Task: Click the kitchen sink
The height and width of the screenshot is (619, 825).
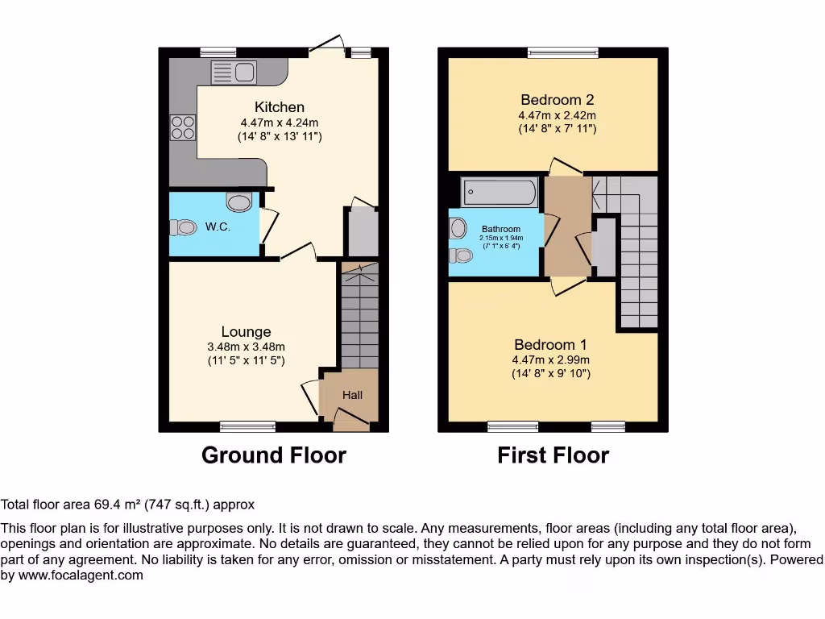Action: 233,73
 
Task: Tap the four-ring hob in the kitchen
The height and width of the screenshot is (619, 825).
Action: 182,128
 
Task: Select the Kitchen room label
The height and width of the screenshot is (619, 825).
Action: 280,107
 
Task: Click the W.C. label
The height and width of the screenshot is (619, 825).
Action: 218,227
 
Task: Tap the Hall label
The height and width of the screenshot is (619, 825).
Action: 352,395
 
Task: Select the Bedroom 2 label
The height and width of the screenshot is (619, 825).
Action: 557,100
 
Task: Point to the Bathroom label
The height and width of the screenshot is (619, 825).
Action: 501,229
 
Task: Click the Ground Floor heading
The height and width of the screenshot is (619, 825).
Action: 273,455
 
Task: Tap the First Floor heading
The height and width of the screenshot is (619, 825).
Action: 553,455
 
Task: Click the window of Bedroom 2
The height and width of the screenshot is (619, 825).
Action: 563,53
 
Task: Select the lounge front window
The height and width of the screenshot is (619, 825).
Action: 247,427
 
